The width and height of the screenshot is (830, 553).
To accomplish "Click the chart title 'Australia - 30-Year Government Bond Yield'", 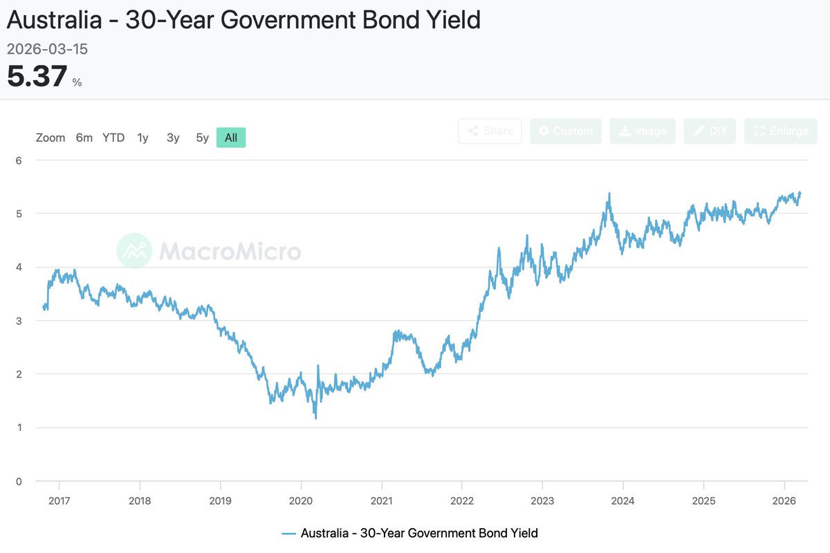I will tap(243, 20).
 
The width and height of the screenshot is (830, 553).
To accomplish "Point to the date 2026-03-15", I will tap(47, 50).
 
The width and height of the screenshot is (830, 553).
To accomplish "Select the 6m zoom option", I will tap(84, 138).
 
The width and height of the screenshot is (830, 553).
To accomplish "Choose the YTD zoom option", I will tap(113, 138).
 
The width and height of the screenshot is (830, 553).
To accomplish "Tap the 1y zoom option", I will tap(142, 138).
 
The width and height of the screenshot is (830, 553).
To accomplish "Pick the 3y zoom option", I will tap(173, 138).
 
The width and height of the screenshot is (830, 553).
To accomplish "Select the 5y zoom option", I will tap(202, 138).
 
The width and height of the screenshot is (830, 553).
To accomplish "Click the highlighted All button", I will tap(231, 138).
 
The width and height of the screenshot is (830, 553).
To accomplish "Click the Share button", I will tap(490, 131).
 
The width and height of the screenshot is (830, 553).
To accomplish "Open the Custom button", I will tap(565, 131).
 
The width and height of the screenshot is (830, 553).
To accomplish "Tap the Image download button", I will tap(643, 131).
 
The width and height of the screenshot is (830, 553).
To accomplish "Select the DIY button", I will tap(710, 131).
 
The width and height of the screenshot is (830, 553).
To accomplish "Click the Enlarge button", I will tap(780, 131).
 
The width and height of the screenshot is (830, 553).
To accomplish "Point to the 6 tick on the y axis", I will tap(19, 160).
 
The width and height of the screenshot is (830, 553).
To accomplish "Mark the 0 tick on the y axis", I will tap(19, 481).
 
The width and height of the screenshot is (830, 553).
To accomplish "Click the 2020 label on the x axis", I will tap(301, 500).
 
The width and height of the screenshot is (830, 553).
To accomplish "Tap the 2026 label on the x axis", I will tap(784, 500).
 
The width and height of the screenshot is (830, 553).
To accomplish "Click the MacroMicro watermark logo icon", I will tap(134, 250).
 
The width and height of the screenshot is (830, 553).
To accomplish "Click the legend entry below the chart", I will tap(410, 533).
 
